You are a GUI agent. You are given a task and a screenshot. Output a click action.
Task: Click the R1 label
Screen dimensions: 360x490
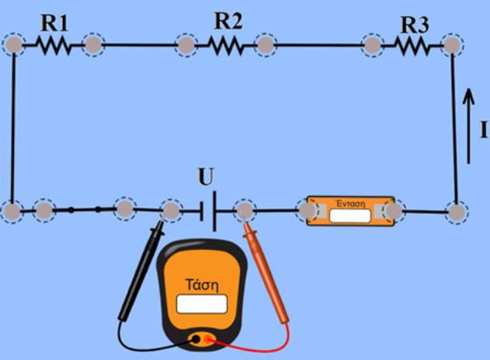click(x=54, y=23)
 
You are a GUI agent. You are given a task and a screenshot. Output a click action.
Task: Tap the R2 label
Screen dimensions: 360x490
click(x=228, y=22)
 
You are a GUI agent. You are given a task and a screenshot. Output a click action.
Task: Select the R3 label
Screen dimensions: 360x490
click(x=415, y=24)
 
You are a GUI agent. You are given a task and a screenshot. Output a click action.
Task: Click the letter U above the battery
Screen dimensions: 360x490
click(x=205, y=178)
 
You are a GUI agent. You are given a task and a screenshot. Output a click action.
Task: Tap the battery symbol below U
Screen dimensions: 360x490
click(x=208, y=210)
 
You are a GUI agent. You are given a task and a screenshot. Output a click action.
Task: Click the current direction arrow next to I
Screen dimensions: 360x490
click(x=467, y=124)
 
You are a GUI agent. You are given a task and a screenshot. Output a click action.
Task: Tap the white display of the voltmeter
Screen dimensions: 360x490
click(x=201, y=303)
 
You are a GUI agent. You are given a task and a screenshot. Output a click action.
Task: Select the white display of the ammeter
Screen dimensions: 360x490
click(x=349, y=215)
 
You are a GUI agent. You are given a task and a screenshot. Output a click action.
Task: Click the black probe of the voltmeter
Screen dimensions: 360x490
click(x=140, y=272)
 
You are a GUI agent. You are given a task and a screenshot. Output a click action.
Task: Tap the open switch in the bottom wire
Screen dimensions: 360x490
click(x=85, y=209)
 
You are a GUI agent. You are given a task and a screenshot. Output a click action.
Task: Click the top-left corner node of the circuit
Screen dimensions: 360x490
click(x=13, y=44)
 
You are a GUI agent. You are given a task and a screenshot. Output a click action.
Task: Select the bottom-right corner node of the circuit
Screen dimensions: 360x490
click(x=456, y=210)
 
